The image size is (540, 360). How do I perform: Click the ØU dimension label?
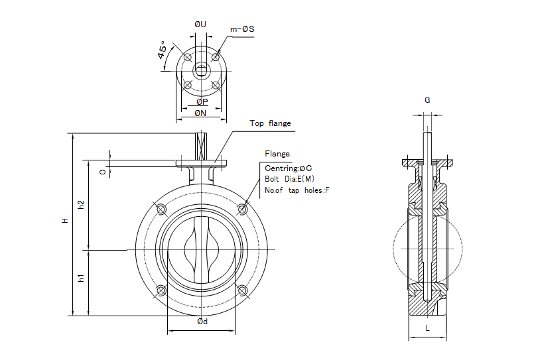[x=200, y=25]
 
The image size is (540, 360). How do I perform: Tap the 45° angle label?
[x=163, y=52]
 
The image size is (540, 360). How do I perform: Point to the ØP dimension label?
[x=202, y=101]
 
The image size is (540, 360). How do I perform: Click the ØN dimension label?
[x=201, y=113]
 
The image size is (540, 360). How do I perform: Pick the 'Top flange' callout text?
[x=270, y=123]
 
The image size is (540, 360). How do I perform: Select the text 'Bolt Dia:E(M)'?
[x=289, y=179]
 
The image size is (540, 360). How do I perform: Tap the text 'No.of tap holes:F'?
[x=297, y=190]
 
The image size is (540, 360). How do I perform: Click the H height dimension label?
[x=65, y=220]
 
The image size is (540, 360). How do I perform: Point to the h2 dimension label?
[x=82, y=205]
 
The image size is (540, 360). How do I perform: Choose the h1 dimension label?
[x=82, y=278]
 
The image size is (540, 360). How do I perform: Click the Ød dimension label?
[x=202, y=322]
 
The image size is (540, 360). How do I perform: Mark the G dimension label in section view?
[x=427, y=100]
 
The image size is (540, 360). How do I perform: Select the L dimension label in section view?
[x=427, y=328]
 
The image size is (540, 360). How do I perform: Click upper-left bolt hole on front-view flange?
[x=161, y=210]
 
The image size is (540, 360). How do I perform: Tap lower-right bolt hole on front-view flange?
[x=242, y=290]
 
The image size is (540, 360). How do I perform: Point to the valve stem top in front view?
[x=201, y=138]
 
